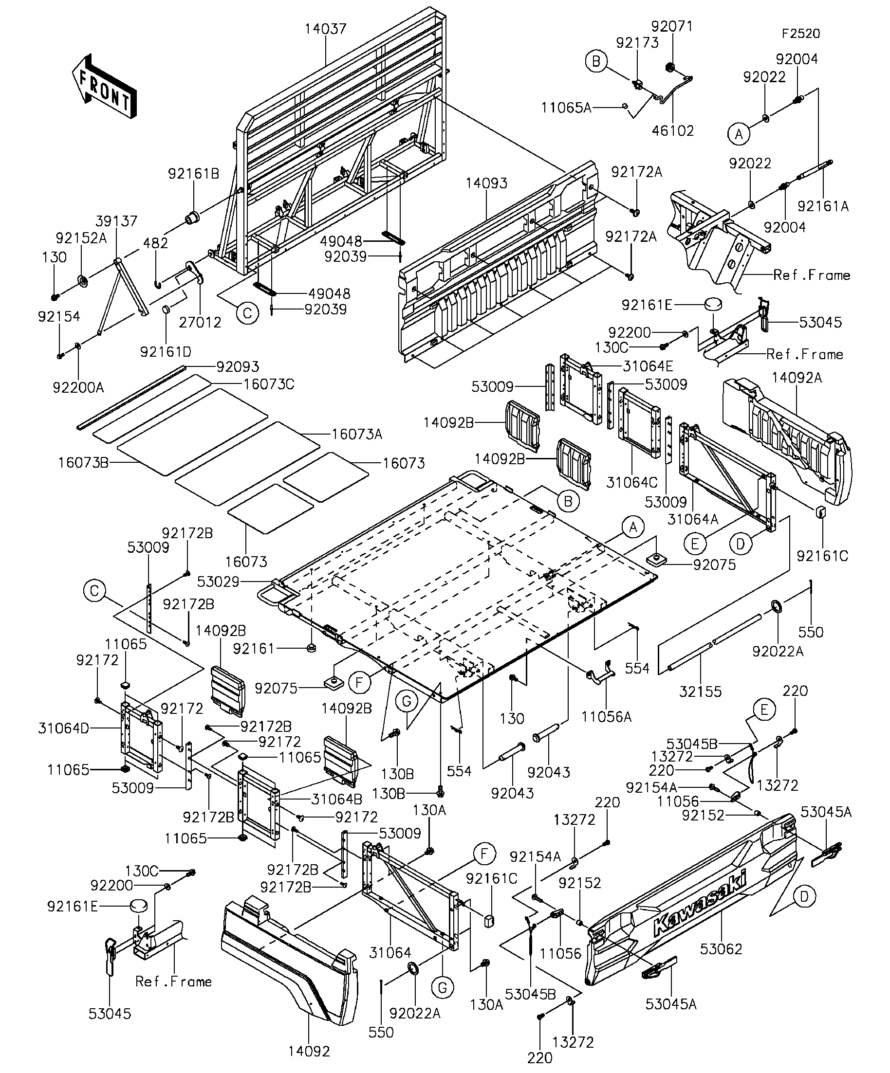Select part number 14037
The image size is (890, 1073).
click(326, 29)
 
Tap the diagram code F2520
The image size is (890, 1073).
click(800, 34)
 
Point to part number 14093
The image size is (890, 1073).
click(486, 183)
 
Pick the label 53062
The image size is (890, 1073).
click(721, 949)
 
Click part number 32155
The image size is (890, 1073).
click(700, 692)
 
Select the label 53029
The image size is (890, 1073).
click(218, 582)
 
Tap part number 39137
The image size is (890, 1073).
click(116, 221)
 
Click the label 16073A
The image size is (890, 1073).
click(357, 434)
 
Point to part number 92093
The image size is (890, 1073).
click(238, 367)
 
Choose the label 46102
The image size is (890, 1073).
click(673, 131)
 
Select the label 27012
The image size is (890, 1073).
click(200, 323)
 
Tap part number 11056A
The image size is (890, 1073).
click(606, 717)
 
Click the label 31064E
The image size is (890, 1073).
click(648, 366)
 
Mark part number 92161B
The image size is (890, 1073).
click(194, 174)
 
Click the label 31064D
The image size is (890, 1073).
click(63, 728)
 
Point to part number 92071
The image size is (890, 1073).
click(672, 26)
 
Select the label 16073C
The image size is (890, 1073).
click(269, 384)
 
